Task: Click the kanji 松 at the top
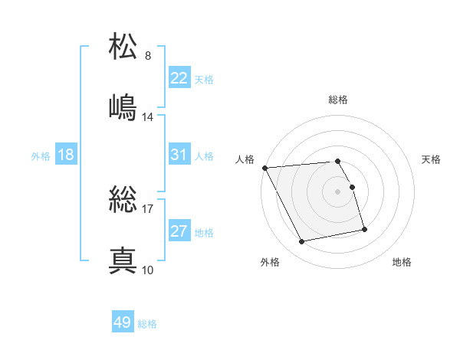click(x=124, y=47)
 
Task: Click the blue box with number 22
click(x=179, y=78)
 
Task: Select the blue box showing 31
click(x=179, y=155)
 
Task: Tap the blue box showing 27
click(x=179, y=231)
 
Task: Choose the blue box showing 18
click(x=66, y=155)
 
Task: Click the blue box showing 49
click(x=122, y=322)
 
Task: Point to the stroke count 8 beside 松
click(x=148, y=56)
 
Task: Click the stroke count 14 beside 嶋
click(x=148, y=117)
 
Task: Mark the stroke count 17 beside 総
click(x=148, y=208)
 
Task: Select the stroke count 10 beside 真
click(x=148, y=270)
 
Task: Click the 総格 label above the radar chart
click(x=338, y=100)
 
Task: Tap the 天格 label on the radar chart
click(x=432, y=159)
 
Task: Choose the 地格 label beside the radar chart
click(x=402, y=262)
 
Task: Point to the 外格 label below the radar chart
click(x=270, y=262)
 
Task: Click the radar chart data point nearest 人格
click(x=264, y=168)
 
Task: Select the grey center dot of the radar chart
click(x=338, y=191)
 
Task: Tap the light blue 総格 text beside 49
click(x=147, y=324)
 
